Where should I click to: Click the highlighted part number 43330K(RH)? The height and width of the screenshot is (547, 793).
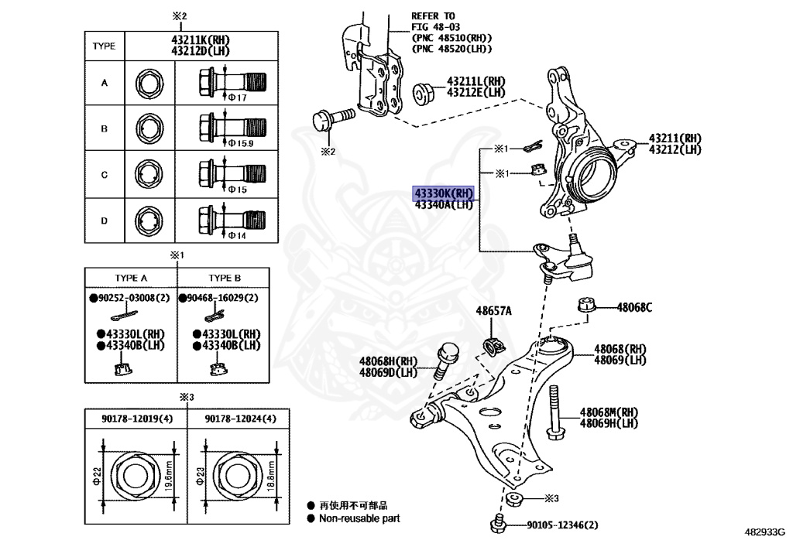click(x=442, y=193)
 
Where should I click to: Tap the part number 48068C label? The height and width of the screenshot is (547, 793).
click(x=634, y=307)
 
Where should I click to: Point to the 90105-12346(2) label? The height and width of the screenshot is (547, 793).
click(x=563, y=526)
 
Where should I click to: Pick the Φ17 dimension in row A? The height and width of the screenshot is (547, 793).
click(x=237, y=97)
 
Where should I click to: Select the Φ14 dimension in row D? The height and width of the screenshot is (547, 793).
click(x=236, y=235)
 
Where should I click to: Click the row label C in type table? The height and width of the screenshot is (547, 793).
click(x=105, y=175)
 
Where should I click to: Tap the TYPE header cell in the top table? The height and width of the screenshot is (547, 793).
click(x=104, y=46)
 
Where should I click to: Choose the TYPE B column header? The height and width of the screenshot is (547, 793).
click(x=225, y=278)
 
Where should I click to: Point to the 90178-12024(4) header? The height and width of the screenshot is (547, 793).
click(x=240, y=419)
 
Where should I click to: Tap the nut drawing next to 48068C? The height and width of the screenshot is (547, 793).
click(x=586, y=304)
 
